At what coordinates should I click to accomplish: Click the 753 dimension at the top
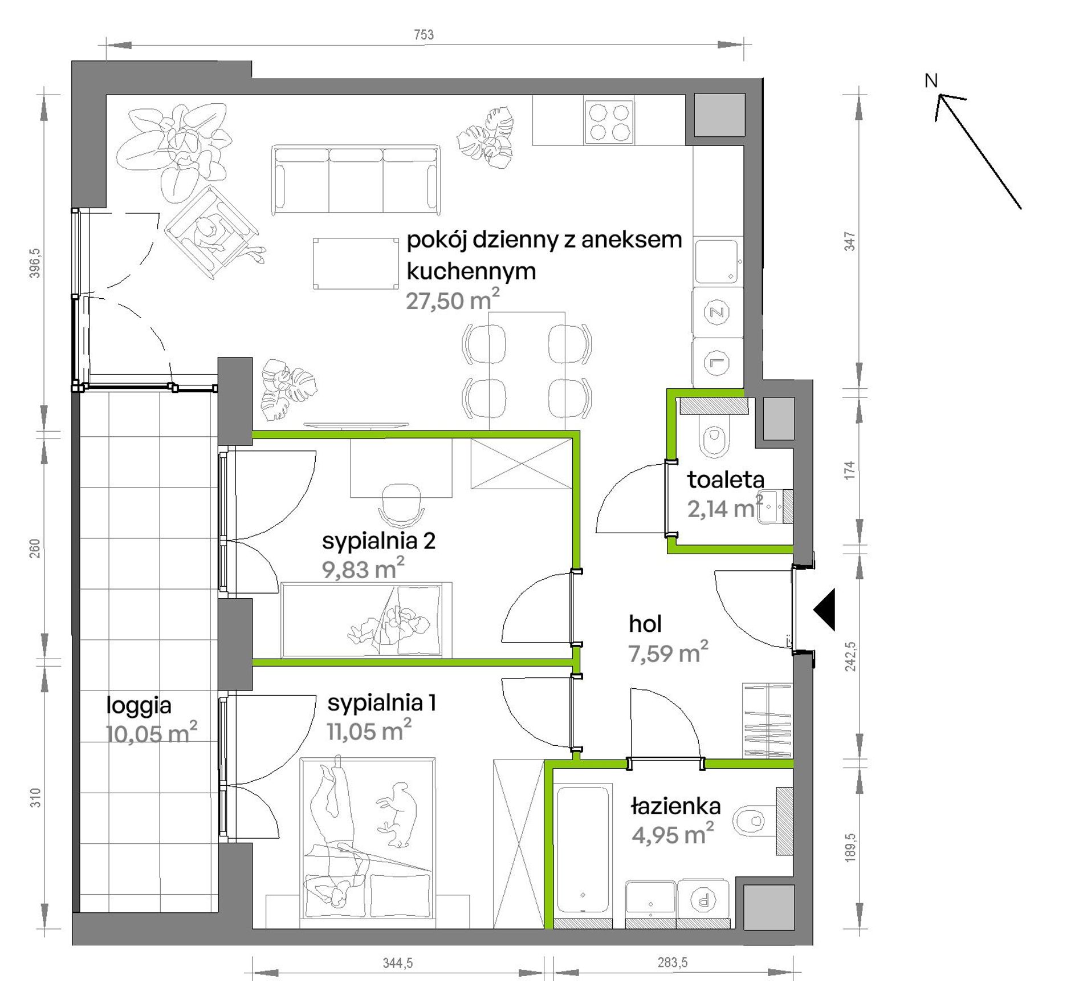point(424,35)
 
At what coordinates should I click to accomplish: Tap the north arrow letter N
point(931,81)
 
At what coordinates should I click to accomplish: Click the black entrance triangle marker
point(824,610)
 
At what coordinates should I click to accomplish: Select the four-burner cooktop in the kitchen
point(609,122)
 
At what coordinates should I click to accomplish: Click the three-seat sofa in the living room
point(356,180)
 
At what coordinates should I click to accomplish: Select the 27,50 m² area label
point(453,299)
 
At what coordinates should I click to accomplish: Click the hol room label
point(645,624)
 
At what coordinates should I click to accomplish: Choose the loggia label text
point(139,706)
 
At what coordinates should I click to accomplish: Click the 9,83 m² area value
point(363,569)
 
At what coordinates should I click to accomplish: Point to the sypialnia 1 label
point(381,703)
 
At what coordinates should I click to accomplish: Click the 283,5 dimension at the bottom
point(672,963)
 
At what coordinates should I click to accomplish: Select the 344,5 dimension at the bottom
point(397,963)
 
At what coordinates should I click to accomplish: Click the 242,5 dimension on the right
point(850,656)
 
